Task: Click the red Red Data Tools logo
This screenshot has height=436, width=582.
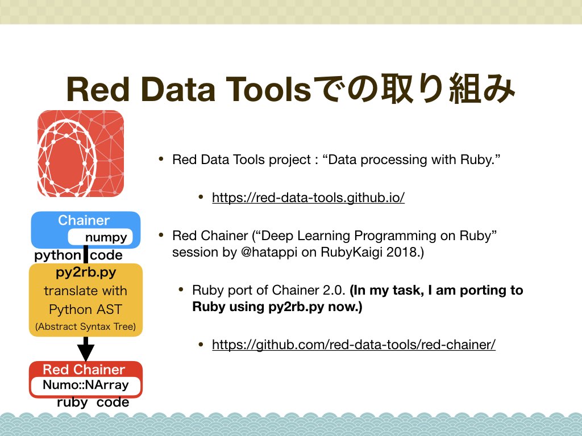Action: coord(81,153)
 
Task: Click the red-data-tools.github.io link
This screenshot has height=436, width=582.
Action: coord(308,197)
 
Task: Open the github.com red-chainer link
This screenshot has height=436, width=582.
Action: coord(354,345)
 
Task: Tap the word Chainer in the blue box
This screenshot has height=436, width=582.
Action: coord(84,220)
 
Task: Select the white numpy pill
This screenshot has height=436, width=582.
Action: coord(100,237)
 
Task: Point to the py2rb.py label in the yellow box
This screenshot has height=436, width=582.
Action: coord(86,272)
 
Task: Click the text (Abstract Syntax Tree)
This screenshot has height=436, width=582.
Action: coord(85,326)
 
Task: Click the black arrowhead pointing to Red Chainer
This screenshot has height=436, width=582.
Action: coord(86,353)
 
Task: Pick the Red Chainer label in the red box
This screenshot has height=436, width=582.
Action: coord(84,369)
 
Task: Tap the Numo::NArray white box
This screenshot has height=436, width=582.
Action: coord(86,385)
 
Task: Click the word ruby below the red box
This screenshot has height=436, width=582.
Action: coord(72,403)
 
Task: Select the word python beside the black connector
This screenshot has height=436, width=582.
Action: coord(57,255)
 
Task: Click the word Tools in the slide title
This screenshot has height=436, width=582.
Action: coord(268,89)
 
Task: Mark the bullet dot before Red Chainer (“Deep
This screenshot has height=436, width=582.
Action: coord(161,234)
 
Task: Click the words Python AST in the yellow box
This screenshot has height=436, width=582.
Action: coord(85,309)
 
